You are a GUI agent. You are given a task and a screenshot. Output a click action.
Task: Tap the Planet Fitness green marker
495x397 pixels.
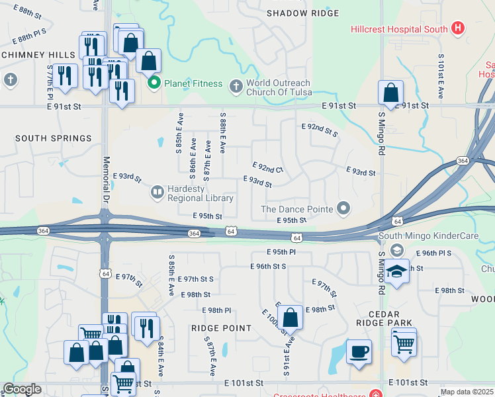155,83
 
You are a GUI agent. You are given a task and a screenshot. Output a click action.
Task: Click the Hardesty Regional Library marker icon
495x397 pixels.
157,193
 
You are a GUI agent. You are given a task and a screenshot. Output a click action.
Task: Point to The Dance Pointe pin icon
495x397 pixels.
343,209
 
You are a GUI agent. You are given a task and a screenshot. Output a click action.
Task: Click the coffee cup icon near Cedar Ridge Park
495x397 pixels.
359,352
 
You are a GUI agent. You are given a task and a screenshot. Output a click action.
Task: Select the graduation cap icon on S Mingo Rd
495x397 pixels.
396,272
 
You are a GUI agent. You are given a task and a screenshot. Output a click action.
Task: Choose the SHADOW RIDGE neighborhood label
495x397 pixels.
302,13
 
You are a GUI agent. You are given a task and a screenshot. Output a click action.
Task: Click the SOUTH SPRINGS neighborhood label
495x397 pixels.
53,138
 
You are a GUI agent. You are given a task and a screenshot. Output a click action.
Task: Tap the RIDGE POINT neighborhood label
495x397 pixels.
221,328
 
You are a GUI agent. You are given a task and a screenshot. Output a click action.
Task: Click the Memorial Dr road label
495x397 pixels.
106,180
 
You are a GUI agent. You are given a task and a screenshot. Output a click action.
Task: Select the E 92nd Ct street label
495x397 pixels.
268,168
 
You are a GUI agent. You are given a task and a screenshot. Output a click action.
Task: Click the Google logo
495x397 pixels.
22,389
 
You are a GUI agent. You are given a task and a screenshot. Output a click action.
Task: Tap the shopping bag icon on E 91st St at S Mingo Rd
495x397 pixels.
390,92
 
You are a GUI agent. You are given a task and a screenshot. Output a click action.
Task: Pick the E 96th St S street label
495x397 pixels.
268,266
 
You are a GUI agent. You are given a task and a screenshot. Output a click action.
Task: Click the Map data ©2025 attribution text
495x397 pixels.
466,392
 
